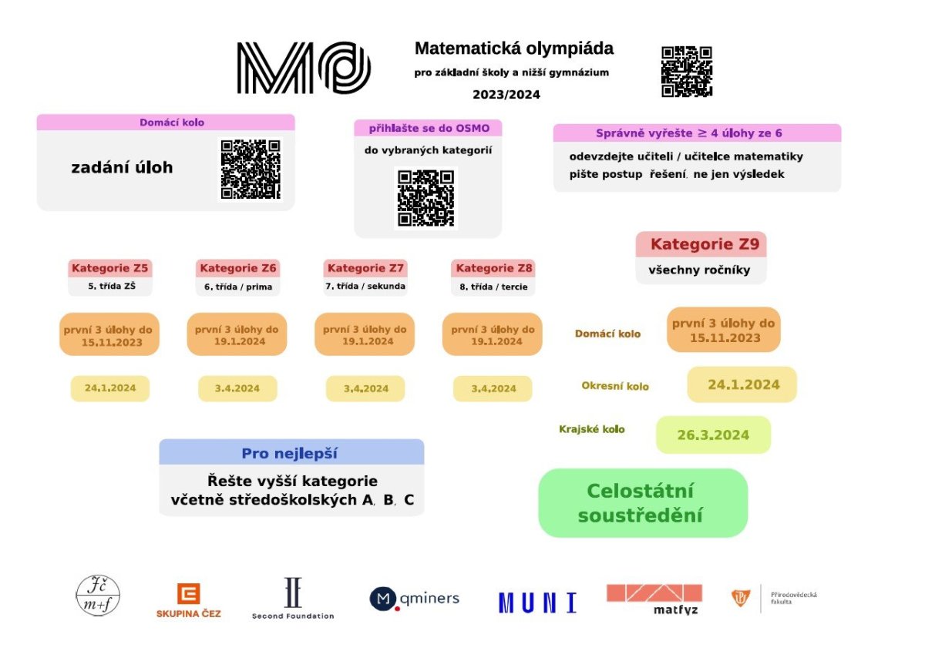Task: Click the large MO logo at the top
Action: pos(304,68)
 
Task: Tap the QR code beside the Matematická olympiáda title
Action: pos(687,72)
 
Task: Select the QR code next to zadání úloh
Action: pos(251,169)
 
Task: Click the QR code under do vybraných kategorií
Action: pos(425,198)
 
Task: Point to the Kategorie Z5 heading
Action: pos(109,268)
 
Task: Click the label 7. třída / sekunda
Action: pos(365,286)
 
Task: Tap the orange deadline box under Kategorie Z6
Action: pos(237,334)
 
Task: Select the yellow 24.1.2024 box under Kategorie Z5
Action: pos(109,388)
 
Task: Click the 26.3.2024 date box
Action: pos(713,435)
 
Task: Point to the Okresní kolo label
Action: pos(615,387)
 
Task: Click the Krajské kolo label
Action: pos(592,429)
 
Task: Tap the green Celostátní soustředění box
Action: pos(643,503)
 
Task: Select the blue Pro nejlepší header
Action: pos(291,452)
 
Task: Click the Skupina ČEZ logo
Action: pos(189,601)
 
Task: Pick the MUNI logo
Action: pos(538,603)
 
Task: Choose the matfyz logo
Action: pos(654,599)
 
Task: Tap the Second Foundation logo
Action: pos(293,598)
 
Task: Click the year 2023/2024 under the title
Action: pos(506,95)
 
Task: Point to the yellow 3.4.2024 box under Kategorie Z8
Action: pos(493,388)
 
